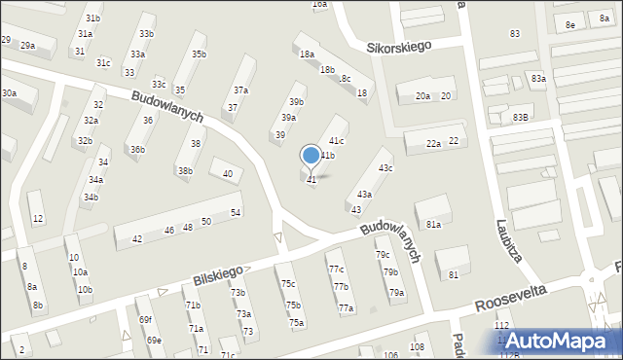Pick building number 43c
coord(385,168)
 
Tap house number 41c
coord(336,142)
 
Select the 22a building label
coord(433,143)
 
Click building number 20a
coord(422,96)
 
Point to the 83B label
coord(521,118)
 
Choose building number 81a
coord(433,225)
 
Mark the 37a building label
coord(240,90)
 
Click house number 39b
coord(296,101)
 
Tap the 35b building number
coord(199,54)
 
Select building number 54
coord(236,213)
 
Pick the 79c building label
coord(383,255)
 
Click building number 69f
coord(144,320)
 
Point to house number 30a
coord(9,93)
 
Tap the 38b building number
coord(184,171)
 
